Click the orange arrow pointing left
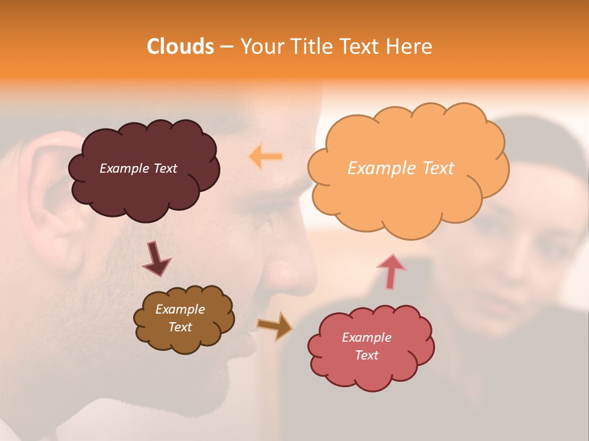point(266,157)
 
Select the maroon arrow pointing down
point(156,260)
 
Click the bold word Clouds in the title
point(180,47)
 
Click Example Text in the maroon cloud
point(138,168)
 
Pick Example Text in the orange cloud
point(401,168)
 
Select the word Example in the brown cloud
point(180,309)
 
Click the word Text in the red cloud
point(366,355)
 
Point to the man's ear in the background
point(52,196)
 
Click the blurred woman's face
point(522,257)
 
